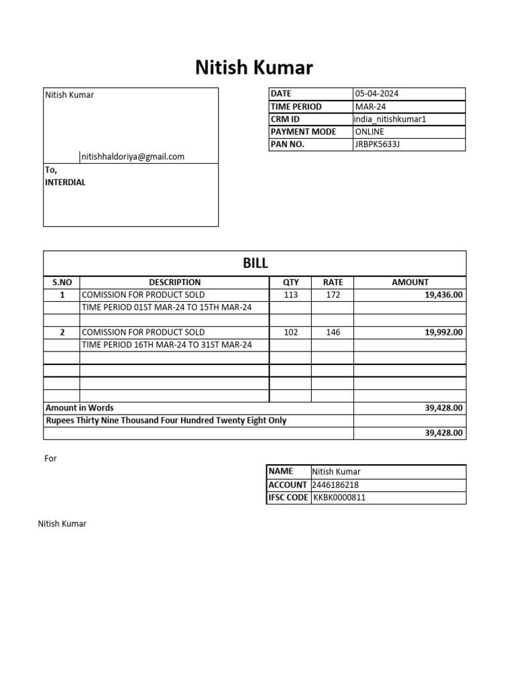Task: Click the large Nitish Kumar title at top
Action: [253, 67]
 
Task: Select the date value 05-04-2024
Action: [376, 94]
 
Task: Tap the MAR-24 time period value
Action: [370, 107]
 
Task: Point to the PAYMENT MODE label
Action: [303, 131]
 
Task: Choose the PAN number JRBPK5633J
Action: [378, 144]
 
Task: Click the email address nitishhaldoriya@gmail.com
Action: [133, 157]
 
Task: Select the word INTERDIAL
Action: [65, 182]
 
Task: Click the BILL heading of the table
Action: [255, 264]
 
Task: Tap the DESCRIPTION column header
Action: [174, 282]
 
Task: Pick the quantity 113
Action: [291, 295]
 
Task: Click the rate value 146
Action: [333, 332]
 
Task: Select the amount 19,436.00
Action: [443, 295]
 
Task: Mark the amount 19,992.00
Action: [443, 332]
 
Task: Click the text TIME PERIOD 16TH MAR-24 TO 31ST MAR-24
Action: [166, 345]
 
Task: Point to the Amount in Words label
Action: [79, 408]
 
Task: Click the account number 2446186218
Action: [335, 485]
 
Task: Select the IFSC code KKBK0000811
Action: [339, 498]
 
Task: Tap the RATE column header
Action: [333, 282]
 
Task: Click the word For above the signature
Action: [51, 459]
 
